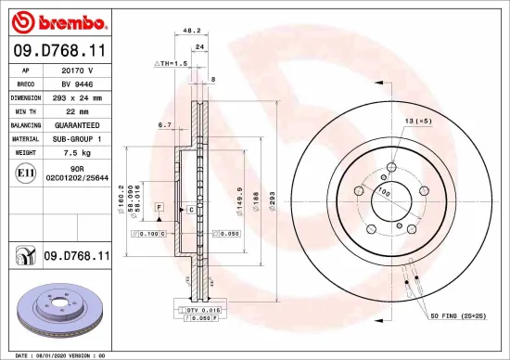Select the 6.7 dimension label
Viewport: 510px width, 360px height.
point(165,124)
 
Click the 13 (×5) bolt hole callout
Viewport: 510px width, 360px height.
point(417,122)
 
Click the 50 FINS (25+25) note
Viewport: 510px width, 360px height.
point(458,316)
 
